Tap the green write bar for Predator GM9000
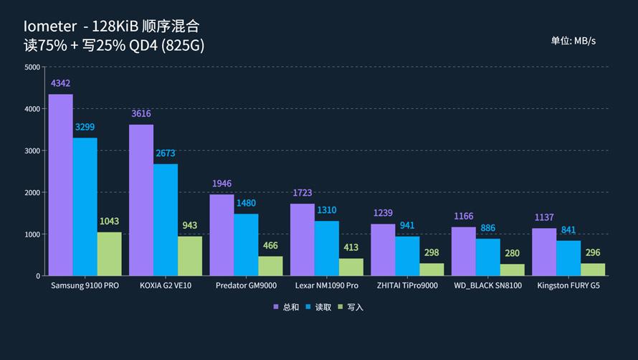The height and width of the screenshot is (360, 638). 270,266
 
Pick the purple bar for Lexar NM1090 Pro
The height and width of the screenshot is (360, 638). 302,240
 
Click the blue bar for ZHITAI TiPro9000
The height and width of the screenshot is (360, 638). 407,256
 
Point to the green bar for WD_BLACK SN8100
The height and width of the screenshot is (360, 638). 513,270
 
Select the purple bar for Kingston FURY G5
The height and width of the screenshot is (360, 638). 544,252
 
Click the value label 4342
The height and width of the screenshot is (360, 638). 60,84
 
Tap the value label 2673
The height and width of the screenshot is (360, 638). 166,153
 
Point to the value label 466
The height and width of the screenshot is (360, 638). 270,246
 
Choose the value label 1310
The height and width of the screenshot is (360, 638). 326,210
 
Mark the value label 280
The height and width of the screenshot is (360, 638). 513,253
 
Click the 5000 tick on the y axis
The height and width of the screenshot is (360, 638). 32,67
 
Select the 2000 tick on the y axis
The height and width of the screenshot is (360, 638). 32,193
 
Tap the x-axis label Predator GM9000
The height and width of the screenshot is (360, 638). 247,285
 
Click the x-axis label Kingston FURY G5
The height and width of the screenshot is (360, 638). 568,285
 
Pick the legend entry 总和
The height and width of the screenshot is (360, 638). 286,307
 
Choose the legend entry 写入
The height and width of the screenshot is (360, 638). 351,307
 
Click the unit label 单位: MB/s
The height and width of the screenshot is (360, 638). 573,41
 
